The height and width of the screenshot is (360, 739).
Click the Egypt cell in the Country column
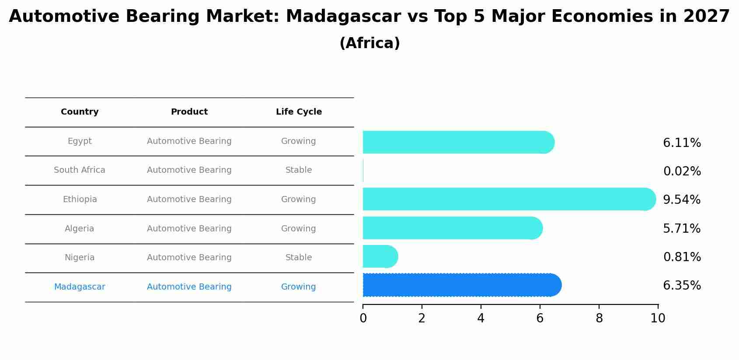click(80, 141)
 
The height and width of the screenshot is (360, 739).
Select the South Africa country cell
click(80, 170)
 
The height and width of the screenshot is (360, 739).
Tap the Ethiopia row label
click(80, 199)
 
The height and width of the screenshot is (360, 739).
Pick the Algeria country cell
click(80, 229)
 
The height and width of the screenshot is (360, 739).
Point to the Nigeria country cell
click(80, 258)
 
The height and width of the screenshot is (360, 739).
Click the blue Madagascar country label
click(80, 287)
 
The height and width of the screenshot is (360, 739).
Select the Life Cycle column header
click(299, 112)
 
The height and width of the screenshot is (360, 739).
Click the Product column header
click(189, 112)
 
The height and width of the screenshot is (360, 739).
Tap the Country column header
click(80, 112)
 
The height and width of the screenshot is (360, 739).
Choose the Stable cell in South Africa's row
click(299, 170)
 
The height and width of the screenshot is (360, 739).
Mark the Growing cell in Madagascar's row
click(299, 287)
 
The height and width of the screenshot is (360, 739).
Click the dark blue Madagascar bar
click(459, 285)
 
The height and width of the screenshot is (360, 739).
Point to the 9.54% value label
click(682, 200)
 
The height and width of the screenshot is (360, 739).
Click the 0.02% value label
click(682, 171)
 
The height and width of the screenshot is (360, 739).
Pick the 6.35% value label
click(682, 286)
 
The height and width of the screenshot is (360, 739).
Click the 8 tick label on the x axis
click(599, 318)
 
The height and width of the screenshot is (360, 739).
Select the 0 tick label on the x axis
click(363, 318)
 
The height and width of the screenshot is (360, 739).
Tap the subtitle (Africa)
click(369, 43)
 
